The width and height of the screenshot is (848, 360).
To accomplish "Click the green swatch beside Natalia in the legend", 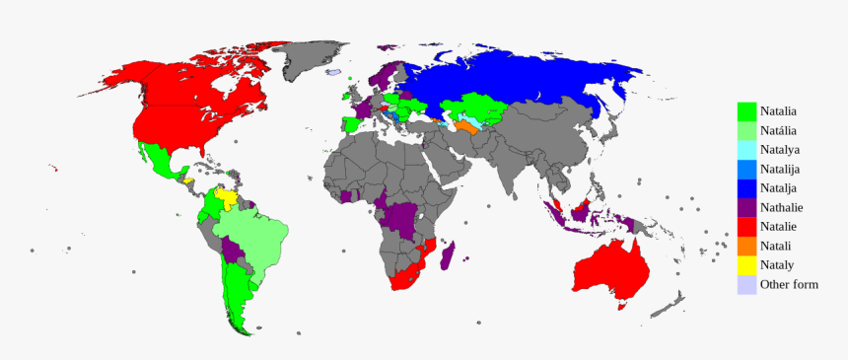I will click(747, 111).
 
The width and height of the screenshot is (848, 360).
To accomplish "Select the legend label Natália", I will click(779, 131).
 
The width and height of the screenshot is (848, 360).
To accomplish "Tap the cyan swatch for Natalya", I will click(747, 150).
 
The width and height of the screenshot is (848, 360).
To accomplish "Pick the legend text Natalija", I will click(780, 169).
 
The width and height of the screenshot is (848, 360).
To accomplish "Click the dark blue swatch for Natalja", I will click(747, 188).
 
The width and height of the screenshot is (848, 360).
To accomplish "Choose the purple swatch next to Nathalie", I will click(747, 207).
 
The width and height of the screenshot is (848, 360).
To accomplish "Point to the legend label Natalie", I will click(778, 227).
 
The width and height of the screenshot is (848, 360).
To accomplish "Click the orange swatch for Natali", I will click(747, 246).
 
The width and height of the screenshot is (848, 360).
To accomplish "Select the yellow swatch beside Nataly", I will click(747, 265).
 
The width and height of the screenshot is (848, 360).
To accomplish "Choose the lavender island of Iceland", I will click(335, 73).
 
